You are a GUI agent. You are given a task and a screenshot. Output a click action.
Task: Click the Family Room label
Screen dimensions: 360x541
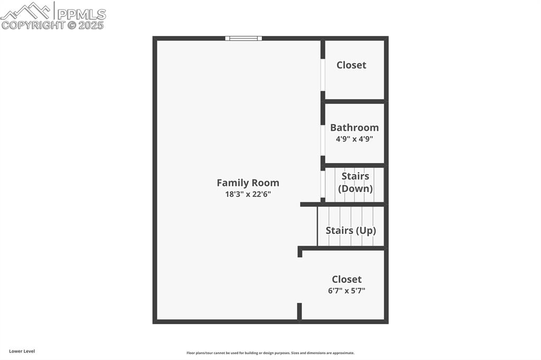pyautogui.click(x=248, y=183)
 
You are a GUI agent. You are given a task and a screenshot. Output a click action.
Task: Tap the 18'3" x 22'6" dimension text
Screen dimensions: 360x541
pyautogui.click(x=248, y=194)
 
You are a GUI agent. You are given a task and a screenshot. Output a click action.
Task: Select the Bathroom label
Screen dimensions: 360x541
pyautogui.click(x=354, y=127)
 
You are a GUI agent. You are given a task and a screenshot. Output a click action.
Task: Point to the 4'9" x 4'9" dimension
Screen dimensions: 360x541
pyautogui.click(x=354, y=139)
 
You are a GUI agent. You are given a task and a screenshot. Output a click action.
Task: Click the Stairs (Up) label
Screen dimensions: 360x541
pyautogui.click(x=351, y=231)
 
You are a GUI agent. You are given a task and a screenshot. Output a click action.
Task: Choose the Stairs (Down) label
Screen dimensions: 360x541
pyautogui.click(x=355, y=182)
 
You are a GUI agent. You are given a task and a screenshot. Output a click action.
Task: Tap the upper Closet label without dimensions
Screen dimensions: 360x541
pyautogui.click(x=351, y=65)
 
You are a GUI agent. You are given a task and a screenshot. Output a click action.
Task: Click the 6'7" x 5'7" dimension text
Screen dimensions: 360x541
pyautogui.click(x=347, y=290)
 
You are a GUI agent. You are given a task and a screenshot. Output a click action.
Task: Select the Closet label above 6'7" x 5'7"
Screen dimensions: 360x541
pyautogui.click(x=347, y=279)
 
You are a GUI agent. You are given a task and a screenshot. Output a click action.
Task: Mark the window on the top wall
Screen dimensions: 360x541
pyautogui.click(x=244, y=38)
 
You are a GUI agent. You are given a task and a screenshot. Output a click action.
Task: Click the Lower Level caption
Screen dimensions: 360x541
pyautogui.click(x=22, y=351)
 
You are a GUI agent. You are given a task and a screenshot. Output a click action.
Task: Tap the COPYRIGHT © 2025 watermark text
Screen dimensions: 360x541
pyautogui.click(x=53, y=25)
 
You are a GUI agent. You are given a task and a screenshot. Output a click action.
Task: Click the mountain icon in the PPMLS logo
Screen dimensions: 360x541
pyautogui.click(x=26, y=11)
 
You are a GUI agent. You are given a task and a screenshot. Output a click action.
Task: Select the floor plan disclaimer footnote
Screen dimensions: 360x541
pyautogui.click(x=270, y=353)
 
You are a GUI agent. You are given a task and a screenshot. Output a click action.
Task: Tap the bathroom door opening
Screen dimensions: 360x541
pyautogui.click(x=323, y=140)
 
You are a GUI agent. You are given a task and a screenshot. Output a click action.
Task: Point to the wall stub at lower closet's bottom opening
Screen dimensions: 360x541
pyautogui.click(x=299, y=311)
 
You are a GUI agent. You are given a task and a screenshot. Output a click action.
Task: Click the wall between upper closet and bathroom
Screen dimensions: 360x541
pyautogui.click(x=354, y=101)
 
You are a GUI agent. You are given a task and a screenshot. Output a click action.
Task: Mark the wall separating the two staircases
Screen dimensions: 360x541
pyautogui.click(x=343, y=204)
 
